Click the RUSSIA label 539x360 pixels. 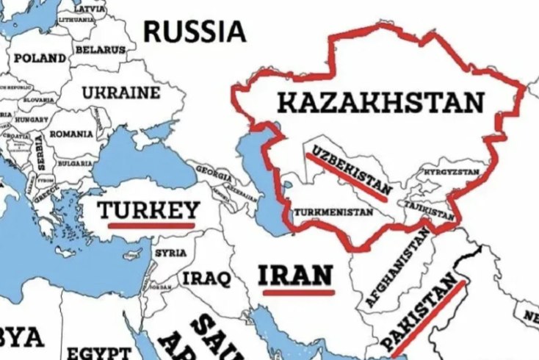tap(194, 31)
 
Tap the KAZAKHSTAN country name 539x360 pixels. tap(381, 103)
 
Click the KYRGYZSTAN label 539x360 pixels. tap(448, 172)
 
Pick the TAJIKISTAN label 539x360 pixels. tap(427, 210)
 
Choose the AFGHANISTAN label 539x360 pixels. tap(397, 269)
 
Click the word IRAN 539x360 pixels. tap(296, 275)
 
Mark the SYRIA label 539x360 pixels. tap(165, 253)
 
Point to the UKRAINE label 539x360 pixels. tap(120, 93)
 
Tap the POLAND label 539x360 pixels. tap(40, 57)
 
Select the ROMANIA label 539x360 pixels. tap(72, 134)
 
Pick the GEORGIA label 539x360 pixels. tap(212, 170)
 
